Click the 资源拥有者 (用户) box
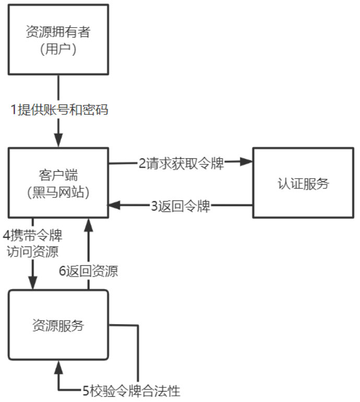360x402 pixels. [58, 40]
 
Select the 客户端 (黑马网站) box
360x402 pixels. [58, 183]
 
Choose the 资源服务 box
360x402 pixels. [58, 325]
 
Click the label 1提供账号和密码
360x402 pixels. [60, 110]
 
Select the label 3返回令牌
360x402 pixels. [181, 206]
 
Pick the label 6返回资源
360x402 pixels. [88, 271]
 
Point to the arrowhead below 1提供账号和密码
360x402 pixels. [58, 140]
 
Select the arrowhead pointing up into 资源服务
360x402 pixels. [58, 368]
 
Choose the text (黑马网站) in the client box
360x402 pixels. [58, 192]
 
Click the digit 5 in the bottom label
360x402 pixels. [86, 390]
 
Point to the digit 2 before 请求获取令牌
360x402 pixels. [141, 163]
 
